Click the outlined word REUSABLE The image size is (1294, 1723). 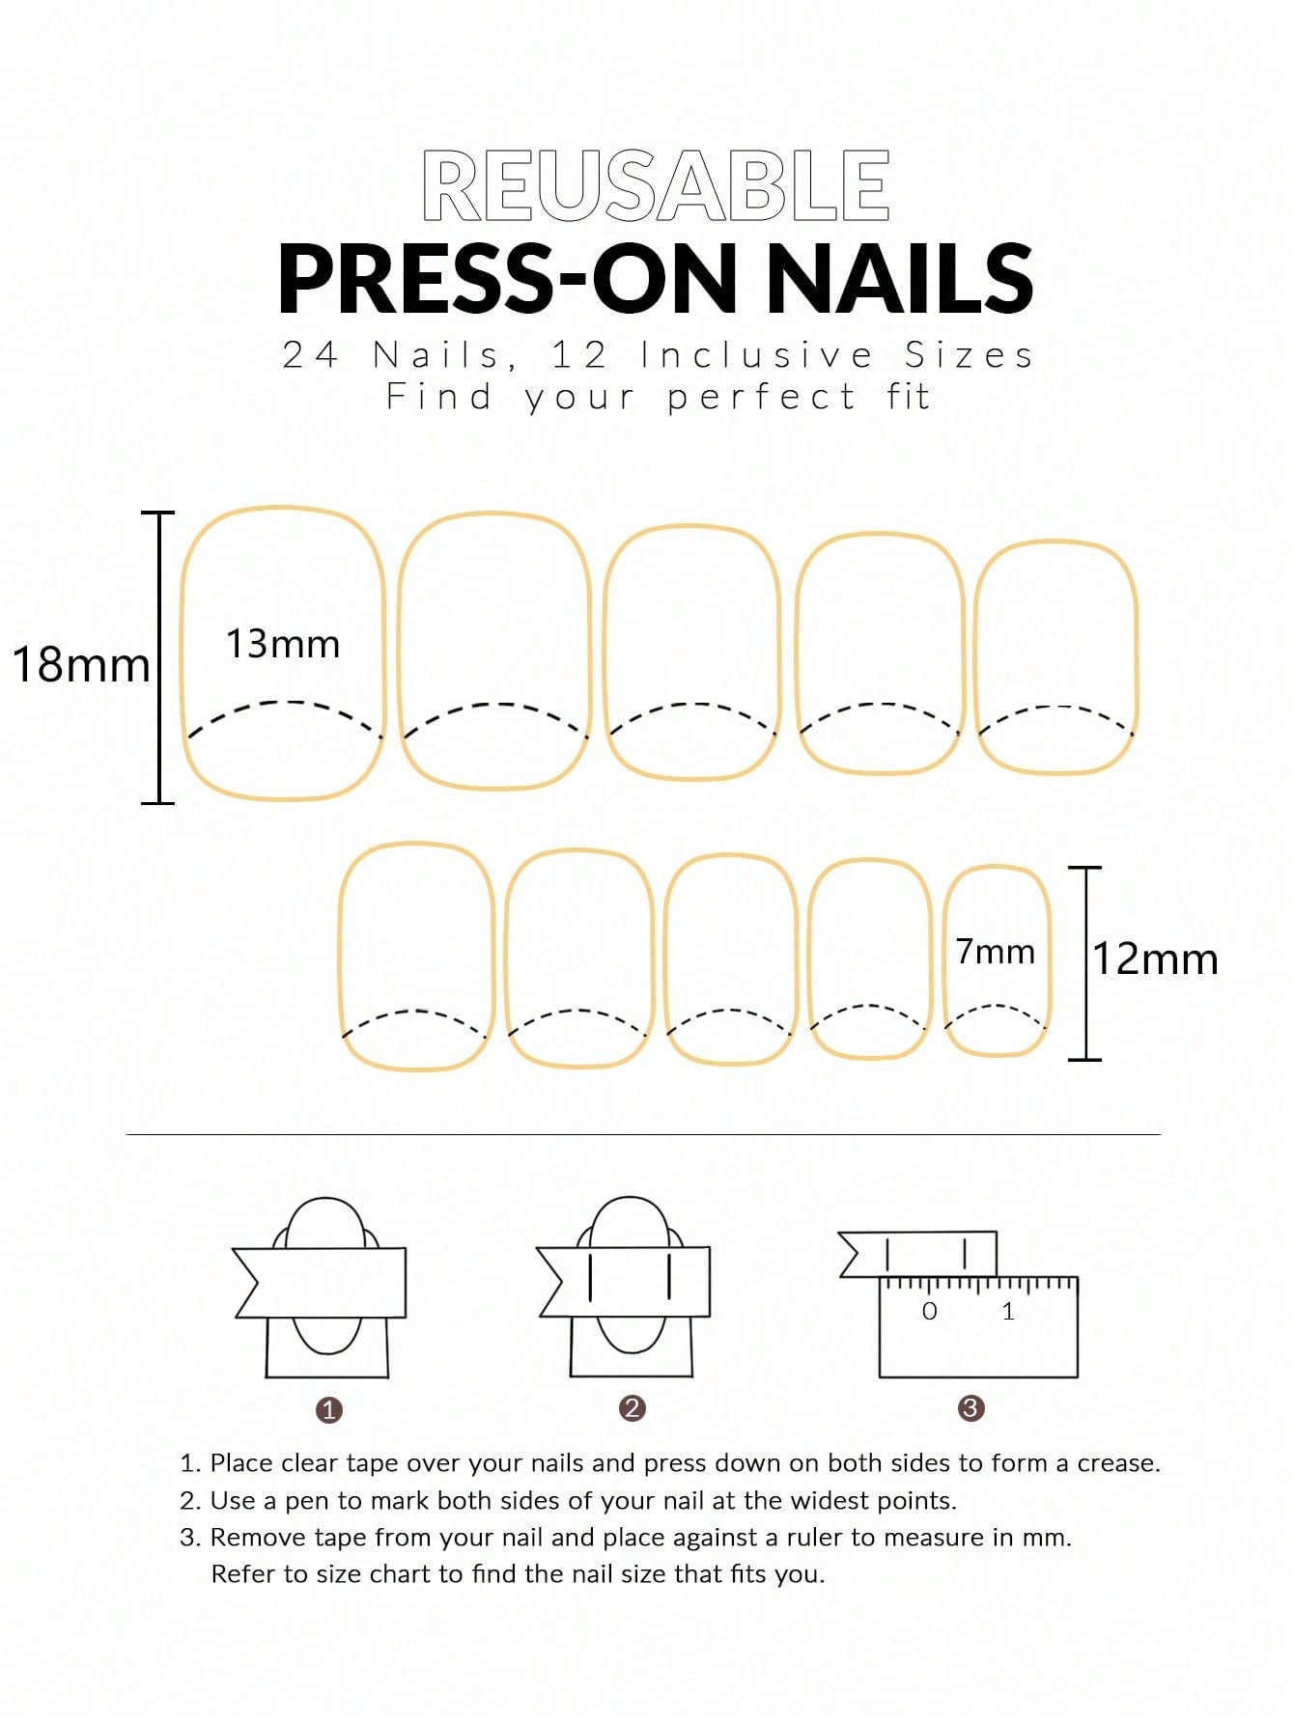click(656, 185)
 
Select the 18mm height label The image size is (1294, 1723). click(81, 664)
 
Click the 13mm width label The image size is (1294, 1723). click(283, 644)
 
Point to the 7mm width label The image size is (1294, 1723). click(996, 952)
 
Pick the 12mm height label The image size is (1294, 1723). click(1155, 959)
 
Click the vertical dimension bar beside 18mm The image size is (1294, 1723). click(158, 657)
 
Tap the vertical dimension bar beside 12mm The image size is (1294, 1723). click(1085, 963)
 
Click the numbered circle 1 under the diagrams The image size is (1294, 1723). click(329, 1410)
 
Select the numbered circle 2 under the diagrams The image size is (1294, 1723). click(633, 1408)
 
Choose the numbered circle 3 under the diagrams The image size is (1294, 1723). click(970, 1408)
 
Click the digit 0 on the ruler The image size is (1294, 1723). click(930, 1311)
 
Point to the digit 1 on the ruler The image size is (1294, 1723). click(1008, 1311)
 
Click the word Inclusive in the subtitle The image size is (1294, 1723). click(758, 355)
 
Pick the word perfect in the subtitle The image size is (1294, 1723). click(762, 398)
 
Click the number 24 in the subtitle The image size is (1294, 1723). click(311, 355)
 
